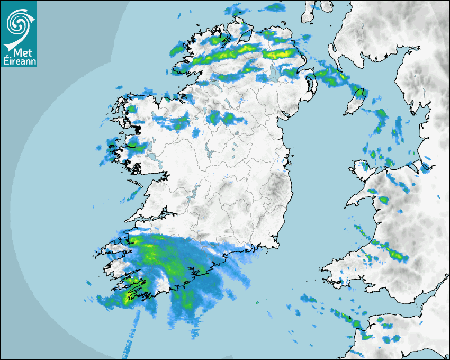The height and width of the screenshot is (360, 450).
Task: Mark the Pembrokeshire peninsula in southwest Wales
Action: click(x=334, y=267)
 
